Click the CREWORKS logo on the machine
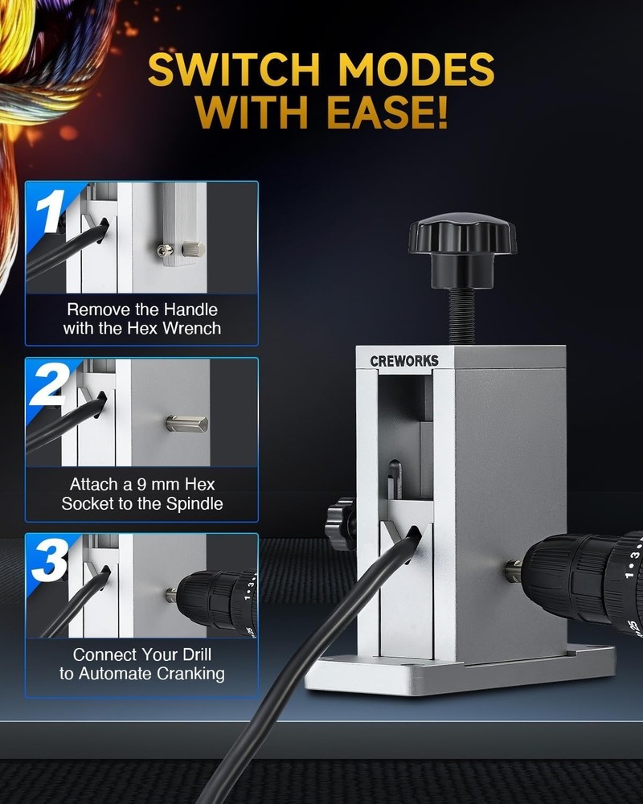[x=404, y=361]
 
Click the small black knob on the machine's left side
[x=341, y=523]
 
